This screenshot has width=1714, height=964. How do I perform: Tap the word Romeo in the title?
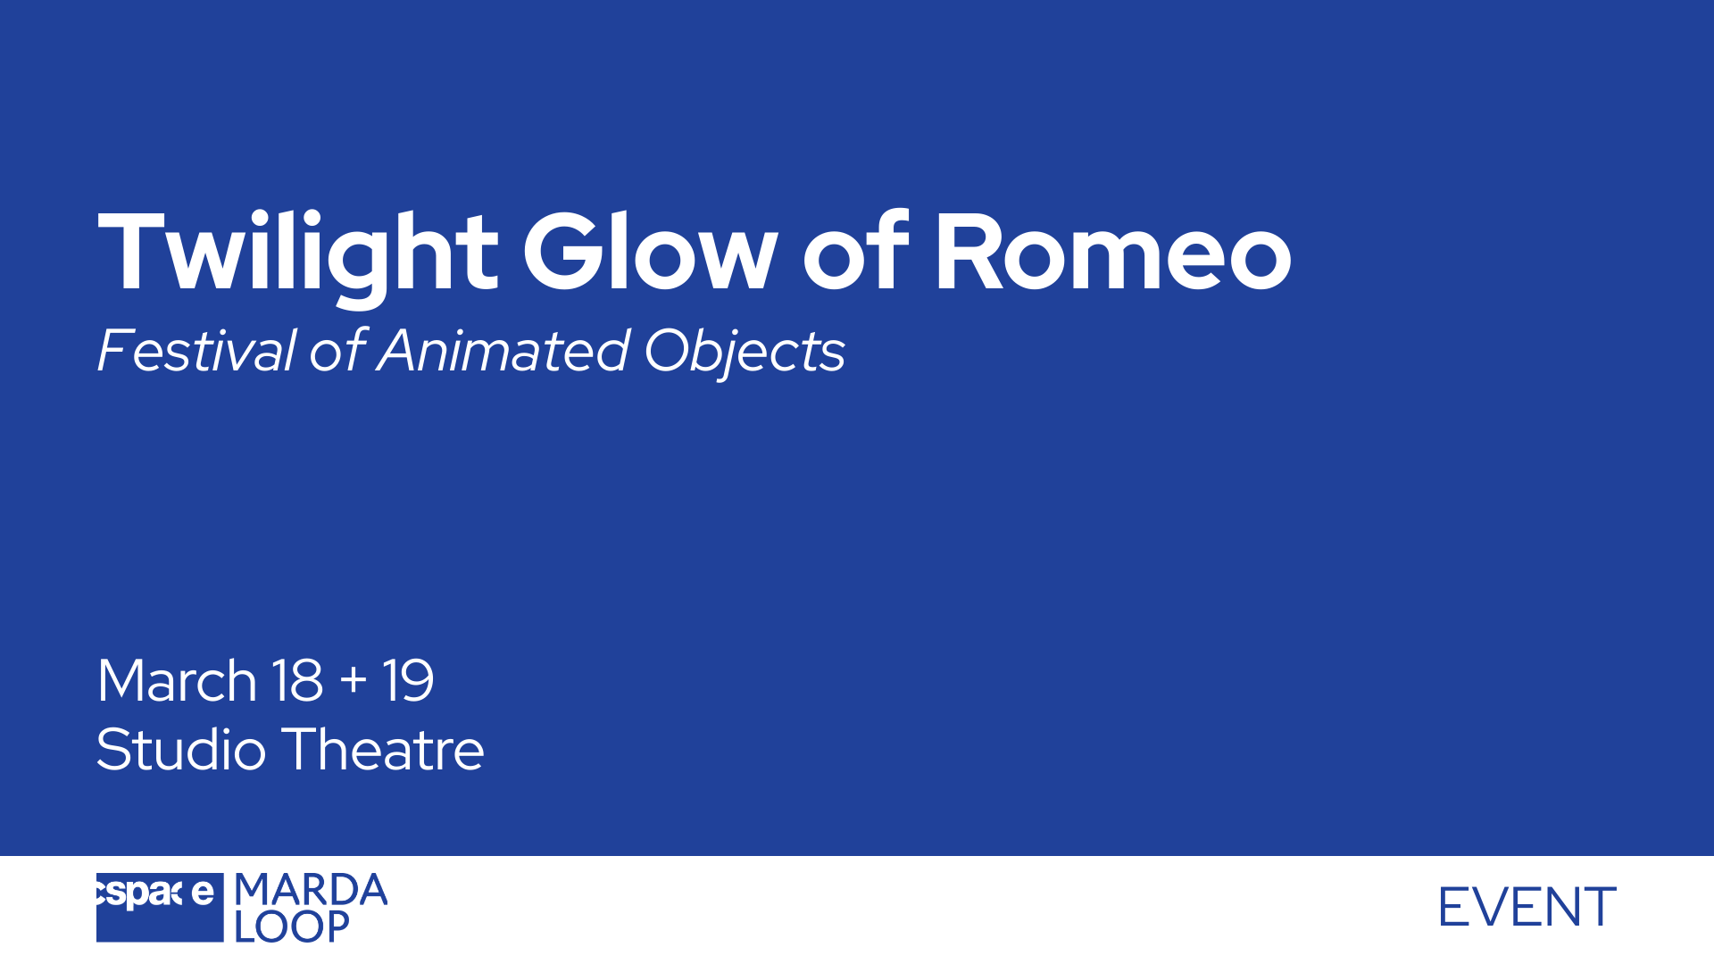1113,253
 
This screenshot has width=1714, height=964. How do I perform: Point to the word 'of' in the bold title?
855,251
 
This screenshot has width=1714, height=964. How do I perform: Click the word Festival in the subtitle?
196,350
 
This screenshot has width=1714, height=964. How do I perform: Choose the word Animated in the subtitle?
503,350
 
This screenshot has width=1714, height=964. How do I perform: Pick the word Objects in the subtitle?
745,353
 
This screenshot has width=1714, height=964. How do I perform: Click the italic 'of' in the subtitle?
337,350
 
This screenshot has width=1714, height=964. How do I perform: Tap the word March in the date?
177,681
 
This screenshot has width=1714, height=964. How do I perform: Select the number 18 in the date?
296,681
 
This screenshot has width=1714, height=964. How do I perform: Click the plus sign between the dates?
354,679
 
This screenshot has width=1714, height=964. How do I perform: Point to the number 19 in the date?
408,681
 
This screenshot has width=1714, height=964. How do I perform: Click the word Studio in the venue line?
181,749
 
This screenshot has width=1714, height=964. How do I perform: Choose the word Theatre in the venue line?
383,749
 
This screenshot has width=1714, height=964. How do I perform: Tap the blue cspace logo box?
160,907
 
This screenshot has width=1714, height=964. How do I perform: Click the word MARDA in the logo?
311,890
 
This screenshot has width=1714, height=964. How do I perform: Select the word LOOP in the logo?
292,927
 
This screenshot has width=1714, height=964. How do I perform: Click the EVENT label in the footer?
1527,907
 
